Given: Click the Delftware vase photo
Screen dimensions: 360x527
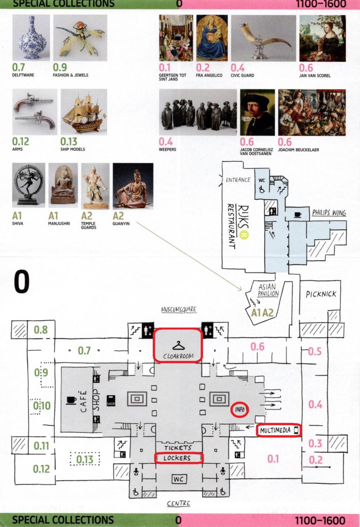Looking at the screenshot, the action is click(x=31, y=37).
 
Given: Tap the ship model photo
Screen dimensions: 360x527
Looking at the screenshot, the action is click(x=84, y=112).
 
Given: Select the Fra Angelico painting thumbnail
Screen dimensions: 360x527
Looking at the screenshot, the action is click(x=212, y=38).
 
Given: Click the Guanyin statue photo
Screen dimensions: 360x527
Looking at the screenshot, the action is click(x=133, y=186).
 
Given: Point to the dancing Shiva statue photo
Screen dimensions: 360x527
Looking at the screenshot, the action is click(x=29, y=185).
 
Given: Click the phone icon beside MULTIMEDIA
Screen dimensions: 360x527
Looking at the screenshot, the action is click(x=296, y=430).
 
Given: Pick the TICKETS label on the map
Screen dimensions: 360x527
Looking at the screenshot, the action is click(x=178, y=448).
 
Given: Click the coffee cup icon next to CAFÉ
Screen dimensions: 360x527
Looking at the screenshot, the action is click(x=71, y=400).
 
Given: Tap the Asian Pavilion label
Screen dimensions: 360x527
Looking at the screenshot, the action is click(x=268, y=290).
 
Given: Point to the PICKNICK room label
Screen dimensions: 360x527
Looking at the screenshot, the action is click(x=321, y=294).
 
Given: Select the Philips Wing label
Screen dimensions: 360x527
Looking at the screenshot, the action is click(x=329, y=213).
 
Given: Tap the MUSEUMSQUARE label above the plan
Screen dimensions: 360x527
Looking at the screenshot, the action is click(x=179, y=309).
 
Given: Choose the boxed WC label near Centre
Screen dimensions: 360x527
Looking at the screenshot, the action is click(x=179, y=479).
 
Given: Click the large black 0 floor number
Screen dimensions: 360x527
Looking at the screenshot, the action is click(x=22, y=281).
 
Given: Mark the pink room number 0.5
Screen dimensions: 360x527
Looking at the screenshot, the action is click(x=315, y=351).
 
